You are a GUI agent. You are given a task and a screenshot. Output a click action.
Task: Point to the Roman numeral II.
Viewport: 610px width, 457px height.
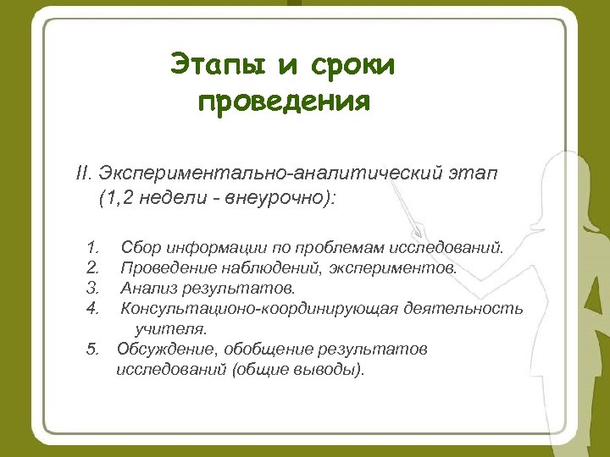coord(83,173)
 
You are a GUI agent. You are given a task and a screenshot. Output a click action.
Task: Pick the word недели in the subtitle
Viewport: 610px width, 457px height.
coord(173,200)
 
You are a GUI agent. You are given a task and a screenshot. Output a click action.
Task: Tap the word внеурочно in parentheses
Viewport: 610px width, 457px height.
coord(285,200)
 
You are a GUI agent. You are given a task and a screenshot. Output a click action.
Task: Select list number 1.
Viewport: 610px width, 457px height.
coord(92,248)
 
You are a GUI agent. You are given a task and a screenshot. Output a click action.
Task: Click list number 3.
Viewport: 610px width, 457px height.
coord(92,288)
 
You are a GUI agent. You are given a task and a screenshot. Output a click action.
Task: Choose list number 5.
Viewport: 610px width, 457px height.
coord(92,349)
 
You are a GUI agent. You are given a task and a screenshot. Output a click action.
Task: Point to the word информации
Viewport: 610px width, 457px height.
coord(211,248)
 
